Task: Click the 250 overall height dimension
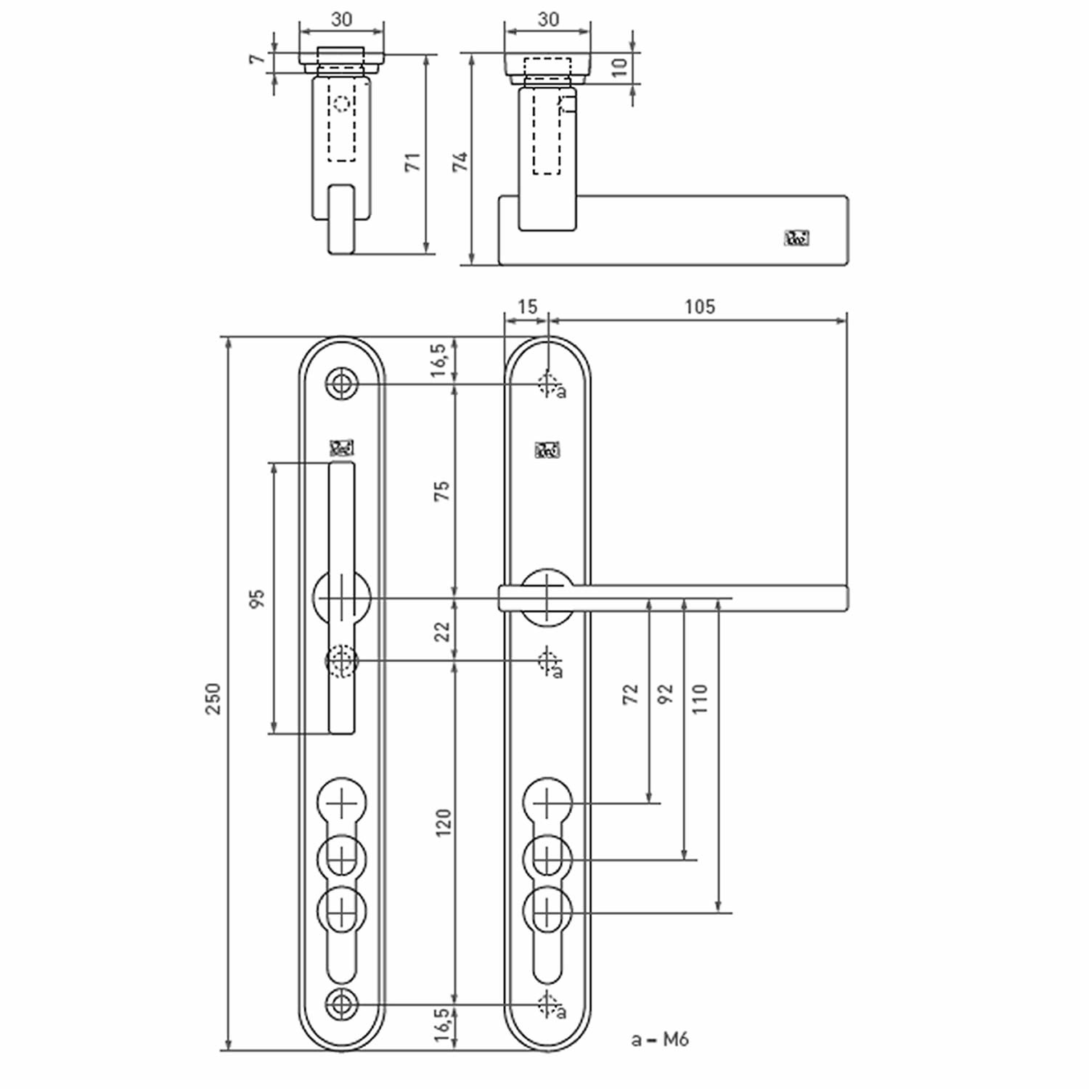point(213,698)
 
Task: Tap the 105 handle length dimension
point(699,306)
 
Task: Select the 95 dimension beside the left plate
point(257,599)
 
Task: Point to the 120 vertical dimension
point(443,823)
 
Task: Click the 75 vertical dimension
point(441,491)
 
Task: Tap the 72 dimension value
point(630,694)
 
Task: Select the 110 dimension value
point(699,698)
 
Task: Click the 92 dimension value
point(665,694)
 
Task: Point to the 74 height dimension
point(460,162)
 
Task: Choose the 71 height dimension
point(412,162)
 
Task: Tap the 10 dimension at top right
point(619,68)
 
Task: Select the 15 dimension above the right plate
point(527,306)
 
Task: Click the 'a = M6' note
point(659,1040)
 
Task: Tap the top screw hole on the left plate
point(341,383)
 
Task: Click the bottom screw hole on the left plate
point(341,1005)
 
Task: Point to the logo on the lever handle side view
point(796,238)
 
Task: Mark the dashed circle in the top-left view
point(341,104)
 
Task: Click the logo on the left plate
point(341,448)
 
